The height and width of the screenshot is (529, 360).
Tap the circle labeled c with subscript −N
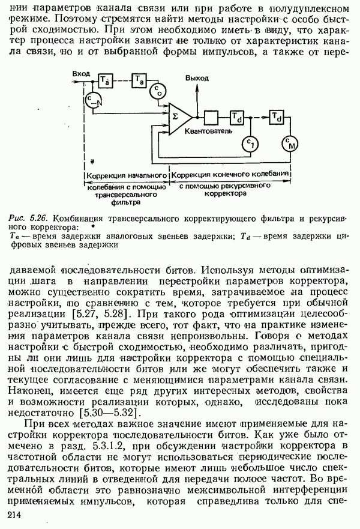(92, 100)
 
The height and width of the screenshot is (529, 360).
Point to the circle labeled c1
(250, 143)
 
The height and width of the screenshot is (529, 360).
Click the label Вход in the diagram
(81, 73)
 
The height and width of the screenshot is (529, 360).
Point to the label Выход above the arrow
(197, 78)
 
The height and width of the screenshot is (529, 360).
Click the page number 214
(14, 516)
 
